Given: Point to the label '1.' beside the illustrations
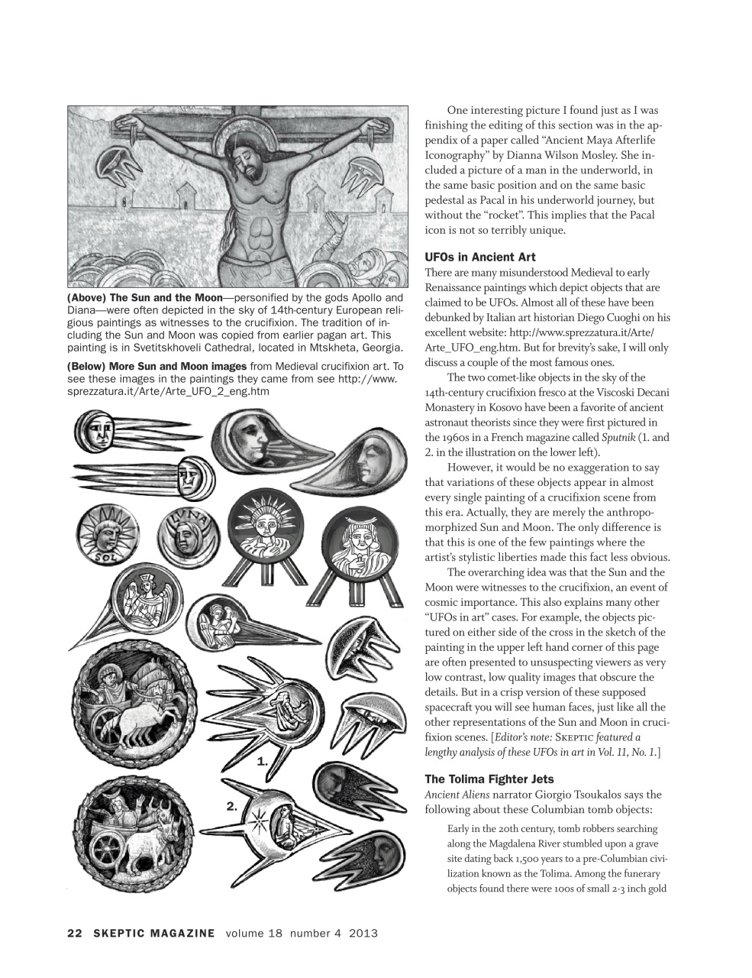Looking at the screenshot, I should tap(263, 761).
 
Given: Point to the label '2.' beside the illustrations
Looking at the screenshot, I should tap(234, 806).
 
